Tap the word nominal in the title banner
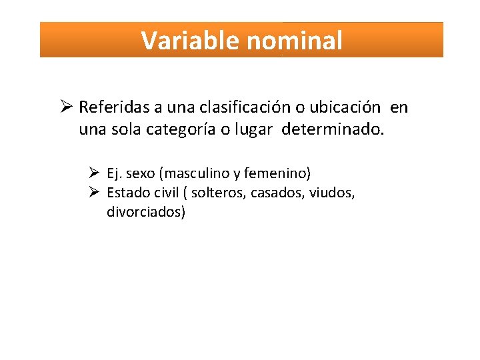[294, 41]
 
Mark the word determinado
[333, 129]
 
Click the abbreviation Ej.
[114, 174]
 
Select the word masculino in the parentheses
[195, 174]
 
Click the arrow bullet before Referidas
[65, 107]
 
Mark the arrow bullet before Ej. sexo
[94, 174]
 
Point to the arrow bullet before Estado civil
[94, 193]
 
